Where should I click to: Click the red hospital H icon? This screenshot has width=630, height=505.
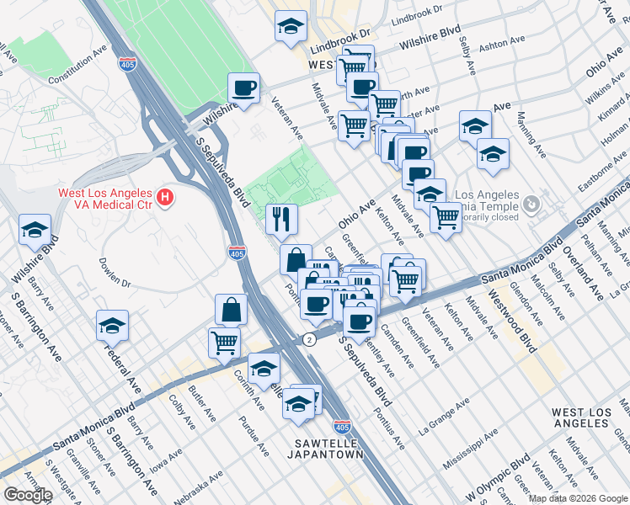pyautogui.click(x=166, y=199)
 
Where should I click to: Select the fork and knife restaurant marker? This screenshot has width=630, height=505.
pyautogui.click(x=281, y=219)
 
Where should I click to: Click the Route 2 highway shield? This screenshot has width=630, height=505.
pyautogui.click(x=310, y=338)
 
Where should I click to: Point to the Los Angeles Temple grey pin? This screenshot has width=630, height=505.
pyautogui.click(x=531, y=204)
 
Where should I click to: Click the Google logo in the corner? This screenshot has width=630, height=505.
pyautogui.click(x=27, y=495)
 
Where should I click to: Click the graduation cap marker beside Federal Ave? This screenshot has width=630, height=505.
pyautogui.click(x=112, y=325)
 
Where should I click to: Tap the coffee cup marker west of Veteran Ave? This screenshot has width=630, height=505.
pyautogui.click(x=243, y=88)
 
